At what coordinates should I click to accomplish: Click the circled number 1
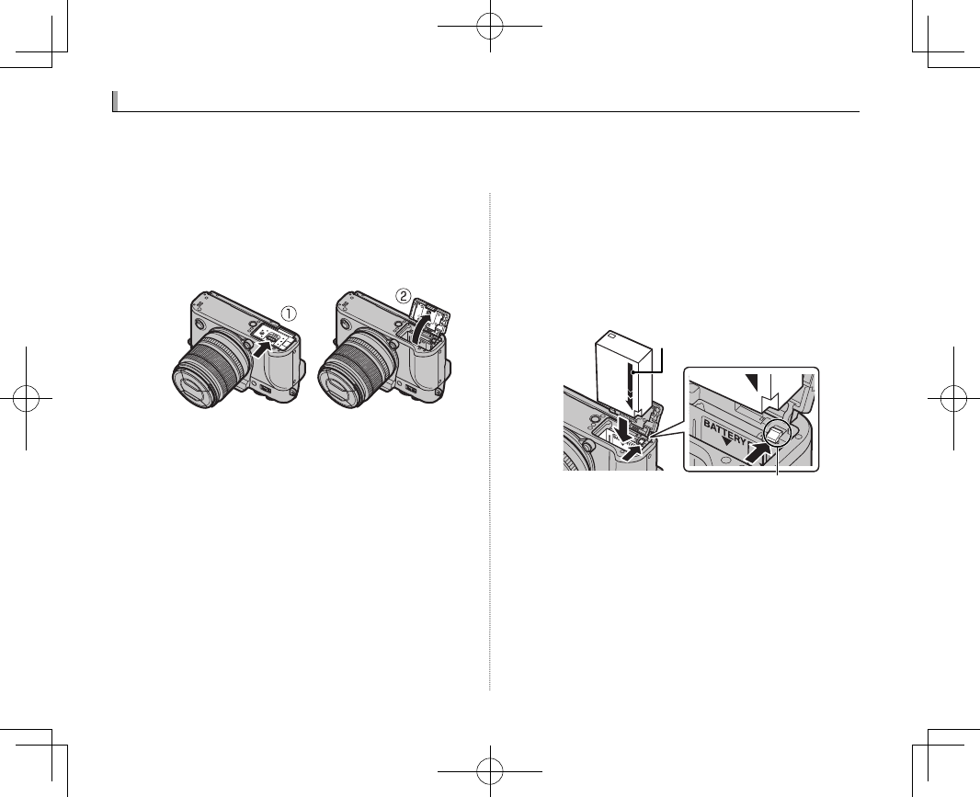click(x=289, y=313)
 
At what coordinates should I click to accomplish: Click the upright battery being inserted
click(x=624, y=368)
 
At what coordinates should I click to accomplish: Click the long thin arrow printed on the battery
click(x=628, y=381)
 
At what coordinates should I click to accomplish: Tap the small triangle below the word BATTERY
click(x=728, y=440)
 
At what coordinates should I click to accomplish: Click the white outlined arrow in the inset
click(x=770, y=391)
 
